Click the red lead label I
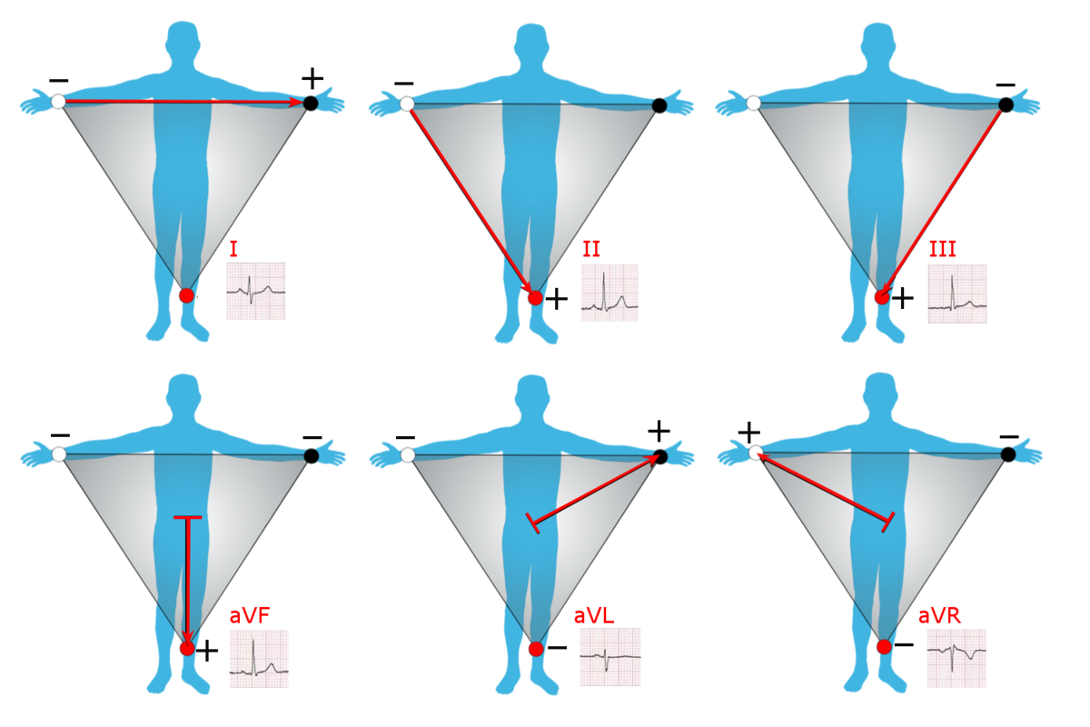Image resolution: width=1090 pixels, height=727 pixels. click(x=234, y=247)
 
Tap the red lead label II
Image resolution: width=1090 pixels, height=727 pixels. click(x=591, y=249)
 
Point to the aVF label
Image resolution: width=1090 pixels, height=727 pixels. click(x=249, y=616)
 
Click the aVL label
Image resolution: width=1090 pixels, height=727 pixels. click(x=594, y=615)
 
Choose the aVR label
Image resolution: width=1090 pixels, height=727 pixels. click(x=939, y=615)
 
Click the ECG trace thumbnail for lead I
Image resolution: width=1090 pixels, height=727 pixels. click(x=256, y=291)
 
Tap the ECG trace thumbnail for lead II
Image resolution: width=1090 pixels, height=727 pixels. click(x=609, y=293)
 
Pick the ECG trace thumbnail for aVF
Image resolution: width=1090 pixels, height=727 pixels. click(x=259, y=658)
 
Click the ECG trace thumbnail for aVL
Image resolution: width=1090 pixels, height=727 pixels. click(x=610, y=657)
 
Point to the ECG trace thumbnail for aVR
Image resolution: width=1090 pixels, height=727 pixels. click(x=956, y=657)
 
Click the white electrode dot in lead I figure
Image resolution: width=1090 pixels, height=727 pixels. click(x=58, y=102)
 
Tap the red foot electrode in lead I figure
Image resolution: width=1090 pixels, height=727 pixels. click(x=186, y=295)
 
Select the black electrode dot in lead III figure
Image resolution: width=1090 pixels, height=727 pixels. click(x=1006, y=105)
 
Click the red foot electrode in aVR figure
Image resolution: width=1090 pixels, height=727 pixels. click(x=884, y=646)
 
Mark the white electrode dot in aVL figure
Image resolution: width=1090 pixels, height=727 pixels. click(x=408, y=454)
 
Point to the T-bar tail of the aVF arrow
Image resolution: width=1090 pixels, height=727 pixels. click(x=187, y=518)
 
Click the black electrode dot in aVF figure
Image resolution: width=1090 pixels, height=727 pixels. click(x=312, y=455)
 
